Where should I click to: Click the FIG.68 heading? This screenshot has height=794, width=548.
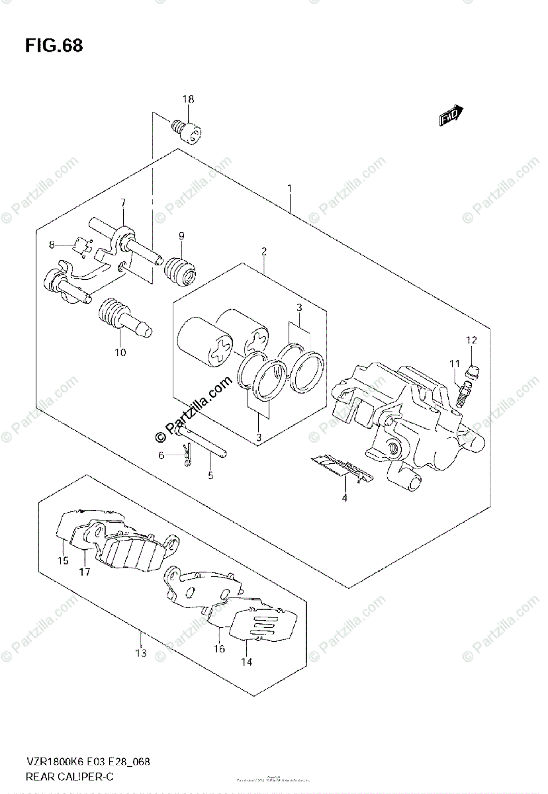click(x=54, y=46)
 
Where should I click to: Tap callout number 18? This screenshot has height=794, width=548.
click(x=189, y=100)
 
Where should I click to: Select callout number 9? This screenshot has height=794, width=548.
click(x=181, y=236)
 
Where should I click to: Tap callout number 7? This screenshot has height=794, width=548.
click(x=122, y=202)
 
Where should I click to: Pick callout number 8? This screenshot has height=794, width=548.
click(x=52, y=245)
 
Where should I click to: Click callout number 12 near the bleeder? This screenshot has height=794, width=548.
click(x=471, y=341)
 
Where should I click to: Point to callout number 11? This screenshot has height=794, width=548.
click(x=455, y=363)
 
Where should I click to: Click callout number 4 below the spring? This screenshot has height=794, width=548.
click(x=345, y=498)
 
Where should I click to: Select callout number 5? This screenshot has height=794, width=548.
click(x=210, y=474)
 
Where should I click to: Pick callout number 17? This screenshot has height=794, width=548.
click(x=85, y=572)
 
